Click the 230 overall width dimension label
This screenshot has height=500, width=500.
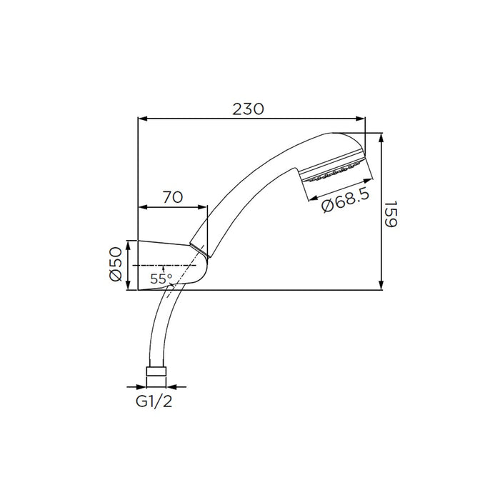click(249, 109)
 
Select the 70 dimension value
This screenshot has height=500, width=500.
click(172, 198)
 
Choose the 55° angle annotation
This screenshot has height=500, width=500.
click(161, 279)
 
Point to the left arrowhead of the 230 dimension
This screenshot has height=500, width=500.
click(141, 119)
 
